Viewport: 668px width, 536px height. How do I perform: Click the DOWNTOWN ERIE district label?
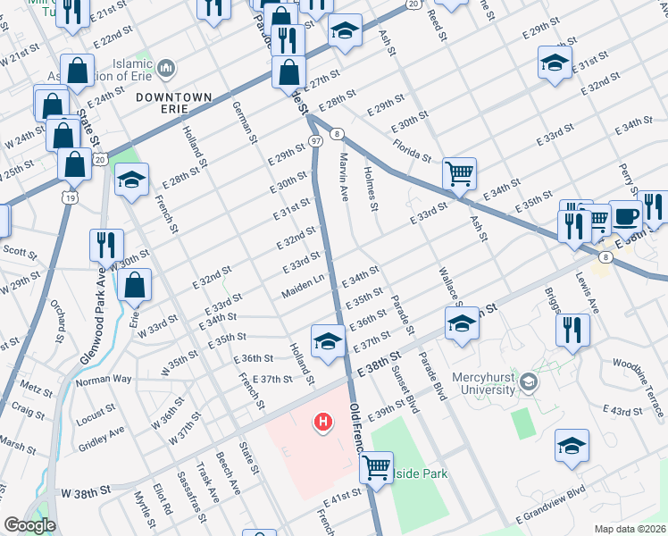[x=174, y=104]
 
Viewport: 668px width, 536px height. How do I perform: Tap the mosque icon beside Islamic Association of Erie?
[x=165, y=68]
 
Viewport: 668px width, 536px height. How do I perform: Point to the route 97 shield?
[x=315, y=141]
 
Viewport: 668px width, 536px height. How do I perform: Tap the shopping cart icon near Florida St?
[x=459, y=173]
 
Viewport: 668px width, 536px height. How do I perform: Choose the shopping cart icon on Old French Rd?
[x=378, y=465]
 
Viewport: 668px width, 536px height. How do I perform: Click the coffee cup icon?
[x=625, y=215]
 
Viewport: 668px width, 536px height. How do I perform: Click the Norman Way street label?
[x=103, y=380]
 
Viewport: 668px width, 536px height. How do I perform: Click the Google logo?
[x=29, y=525]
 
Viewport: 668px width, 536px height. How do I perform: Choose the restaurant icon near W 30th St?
[x=106, y=245]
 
